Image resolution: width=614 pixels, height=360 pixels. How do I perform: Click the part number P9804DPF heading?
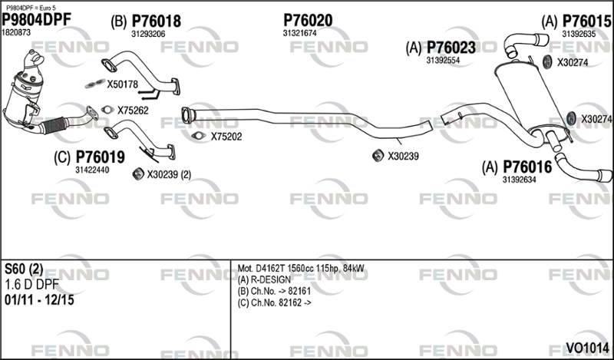37,20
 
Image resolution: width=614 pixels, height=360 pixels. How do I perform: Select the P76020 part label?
308,21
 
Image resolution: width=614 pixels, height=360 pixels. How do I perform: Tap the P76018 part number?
157,21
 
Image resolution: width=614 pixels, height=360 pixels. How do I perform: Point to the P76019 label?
101,157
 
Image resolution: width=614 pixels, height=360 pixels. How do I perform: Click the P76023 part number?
451,48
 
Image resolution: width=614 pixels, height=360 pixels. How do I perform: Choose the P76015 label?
586,21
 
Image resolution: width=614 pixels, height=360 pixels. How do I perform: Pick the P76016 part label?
527,167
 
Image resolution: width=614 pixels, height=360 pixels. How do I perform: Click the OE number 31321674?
299,34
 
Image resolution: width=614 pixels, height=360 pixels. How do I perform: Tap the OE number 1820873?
16,33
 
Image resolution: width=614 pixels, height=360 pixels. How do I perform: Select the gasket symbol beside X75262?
107,110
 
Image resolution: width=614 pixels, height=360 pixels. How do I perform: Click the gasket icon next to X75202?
199,136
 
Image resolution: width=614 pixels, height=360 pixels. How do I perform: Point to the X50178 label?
123,84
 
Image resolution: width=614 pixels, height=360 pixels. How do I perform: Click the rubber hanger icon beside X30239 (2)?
138,174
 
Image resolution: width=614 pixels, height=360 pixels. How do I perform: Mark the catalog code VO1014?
587,348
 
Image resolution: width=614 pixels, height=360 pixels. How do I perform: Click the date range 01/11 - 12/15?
39,300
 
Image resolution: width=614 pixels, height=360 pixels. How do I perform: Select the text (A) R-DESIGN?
264,279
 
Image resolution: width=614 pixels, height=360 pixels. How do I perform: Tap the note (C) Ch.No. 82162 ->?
275,302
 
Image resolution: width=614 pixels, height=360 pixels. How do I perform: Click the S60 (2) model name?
24,269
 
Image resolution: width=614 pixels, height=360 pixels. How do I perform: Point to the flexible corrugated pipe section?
54,125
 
